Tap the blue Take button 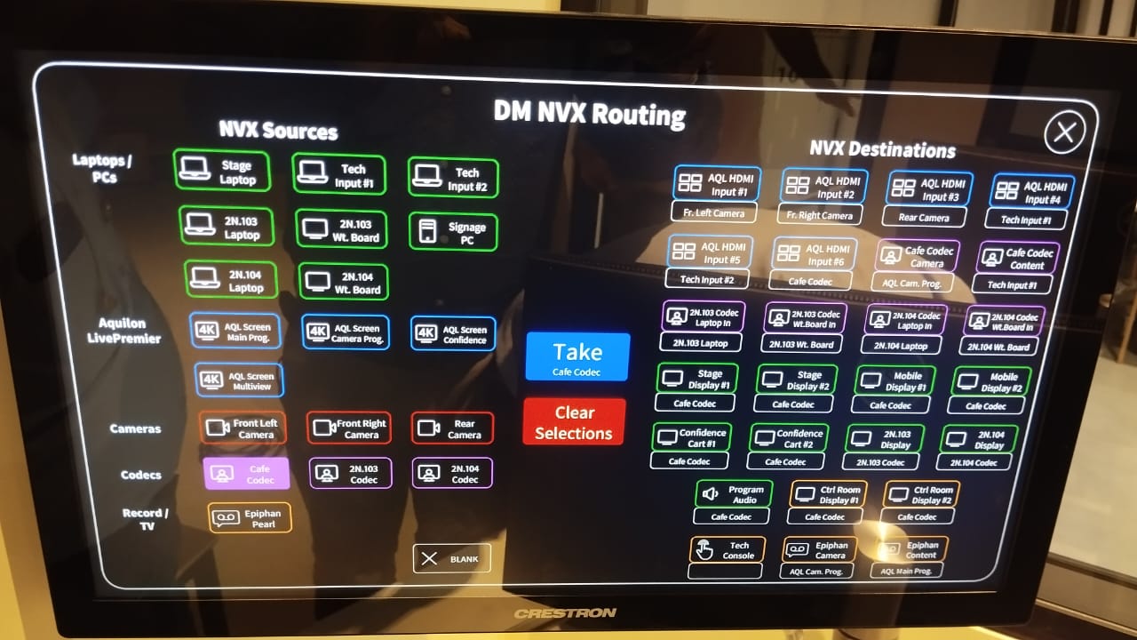tap(577, 357)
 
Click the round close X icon tap(1064, 133)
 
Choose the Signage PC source tap(453, 233)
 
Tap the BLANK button tap(451, 558)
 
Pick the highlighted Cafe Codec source tap(247, 474)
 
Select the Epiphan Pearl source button tap(250, 518)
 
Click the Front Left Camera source tap(242, 428)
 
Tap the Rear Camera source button tap(452, 428)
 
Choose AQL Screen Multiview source tap(239, 380)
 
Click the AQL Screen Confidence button tap(453, 334)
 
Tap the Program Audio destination tap(734, 494)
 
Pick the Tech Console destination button tap(727, 550)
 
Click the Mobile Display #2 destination tap(991, 381)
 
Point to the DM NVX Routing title tap(589, 113)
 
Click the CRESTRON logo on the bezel tap(565, 612)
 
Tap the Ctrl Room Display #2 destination tap(921, 495)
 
